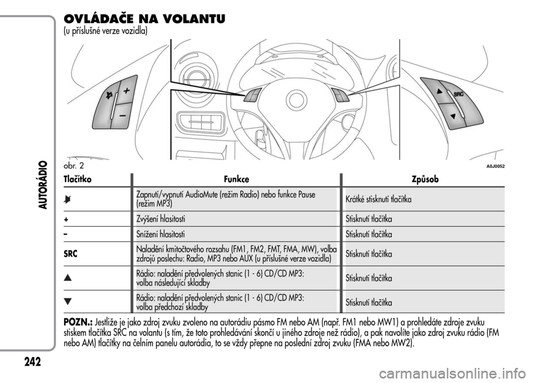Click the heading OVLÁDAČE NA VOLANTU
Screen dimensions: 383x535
[145, 19]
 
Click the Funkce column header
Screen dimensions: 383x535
[236, 180]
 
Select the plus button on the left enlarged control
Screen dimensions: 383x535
[128, 90]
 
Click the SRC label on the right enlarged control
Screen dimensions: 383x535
[458, 95]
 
